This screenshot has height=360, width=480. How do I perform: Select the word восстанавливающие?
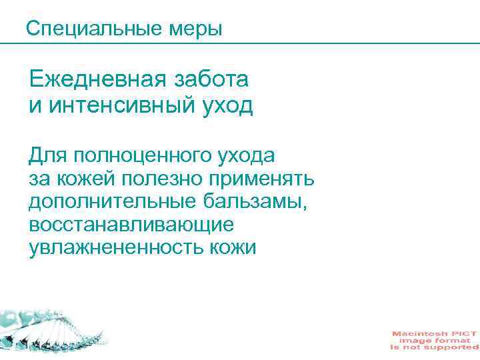131,225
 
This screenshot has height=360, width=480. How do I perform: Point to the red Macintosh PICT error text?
434,339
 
